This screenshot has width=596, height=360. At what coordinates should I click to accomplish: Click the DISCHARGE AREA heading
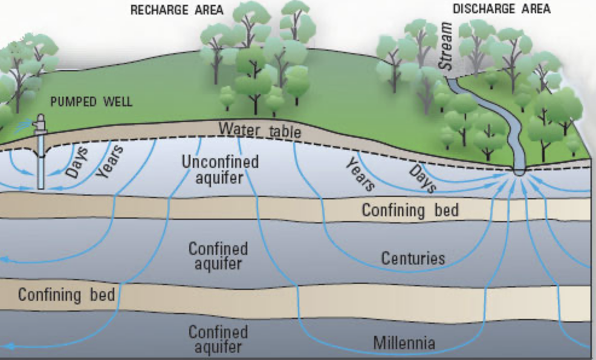[502, 9]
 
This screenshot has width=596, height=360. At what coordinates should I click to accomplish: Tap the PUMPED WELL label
[91, 101]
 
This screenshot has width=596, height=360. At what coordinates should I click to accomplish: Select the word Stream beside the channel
[447, 48]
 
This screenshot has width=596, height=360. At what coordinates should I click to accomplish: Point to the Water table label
[259, 129]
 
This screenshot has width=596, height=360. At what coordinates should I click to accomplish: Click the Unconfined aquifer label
[220, 170]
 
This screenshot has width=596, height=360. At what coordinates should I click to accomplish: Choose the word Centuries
[413, 259]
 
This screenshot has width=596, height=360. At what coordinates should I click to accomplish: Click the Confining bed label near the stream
[410, 210]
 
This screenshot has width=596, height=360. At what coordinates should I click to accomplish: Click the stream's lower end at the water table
[519, 170]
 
